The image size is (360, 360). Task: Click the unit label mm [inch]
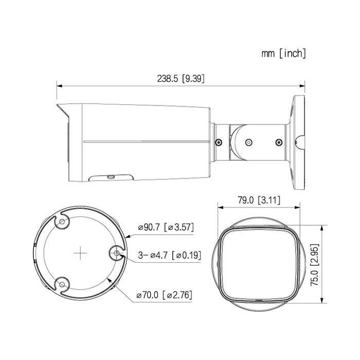click(283, 53)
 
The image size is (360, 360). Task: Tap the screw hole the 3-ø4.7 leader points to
click(116, 253)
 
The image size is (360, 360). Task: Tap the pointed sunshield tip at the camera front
click(58, 105)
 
